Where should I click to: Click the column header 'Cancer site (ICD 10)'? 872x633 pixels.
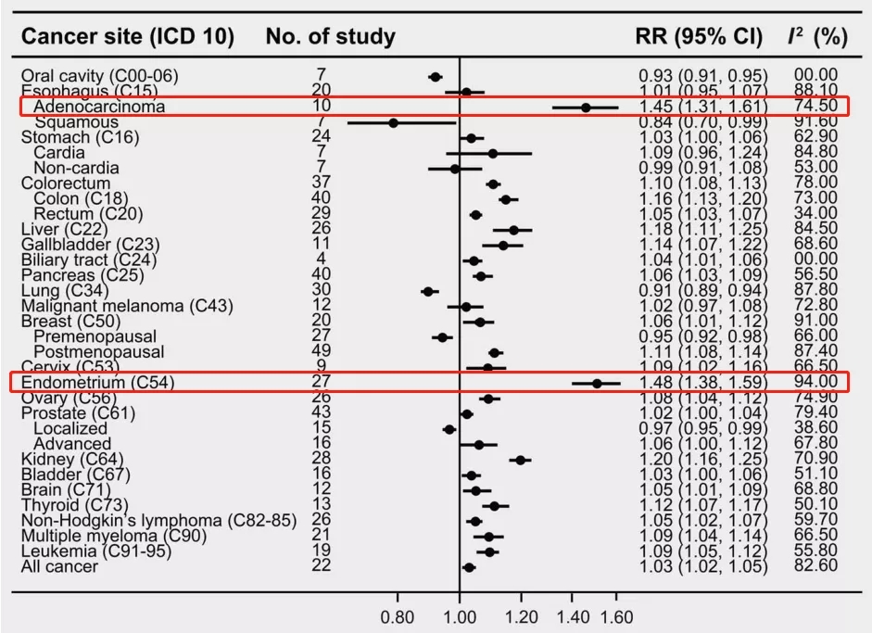click(x=128, y=37)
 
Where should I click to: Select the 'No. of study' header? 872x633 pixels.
click(x=330, y=37)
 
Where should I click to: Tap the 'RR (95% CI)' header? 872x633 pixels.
click(x=698, y=37)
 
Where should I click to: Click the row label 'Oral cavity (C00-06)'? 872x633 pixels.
click(x=99, y=75)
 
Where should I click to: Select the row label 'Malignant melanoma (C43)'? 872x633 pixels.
click(x=127, y=305)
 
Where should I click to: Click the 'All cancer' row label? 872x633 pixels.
click(x=59, y=565)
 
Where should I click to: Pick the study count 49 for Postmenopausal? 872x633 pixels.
click(x=322, y=351)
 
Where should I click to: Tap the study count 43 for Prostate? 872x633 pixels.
click(x=322, y=412)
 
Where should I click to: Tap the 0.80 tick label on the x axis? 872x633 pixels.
click(x=398, y=617)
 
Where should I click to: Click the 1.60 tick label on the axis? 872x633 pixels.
click(x=616, y=617)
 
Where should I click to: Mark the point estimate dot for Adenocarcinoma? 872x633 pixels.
click(x=586, y=108)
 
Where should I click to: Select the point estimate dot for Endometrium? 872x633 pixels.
click(x=597, y=382)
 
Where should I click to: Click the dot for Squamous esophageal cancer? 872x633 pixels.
click(x=393, y=122)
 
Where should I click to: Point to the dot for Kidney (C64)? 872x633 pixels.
click(x=520, y=459)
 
